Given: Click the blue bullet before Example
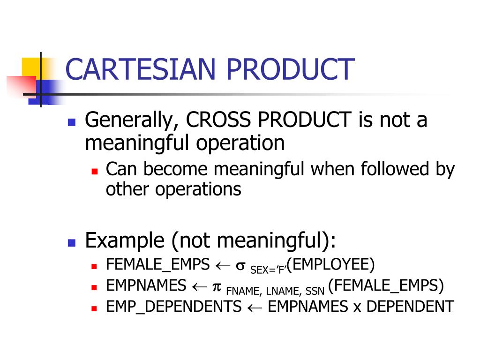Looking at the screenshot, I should tap(72, 243).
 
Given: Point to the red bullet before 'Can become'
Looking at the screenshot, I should tap(94, 172).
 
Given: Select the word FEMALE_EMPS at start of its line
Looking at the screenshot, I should tap(157, 265).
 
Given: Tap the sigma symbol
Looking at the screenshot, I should tap(240, 265).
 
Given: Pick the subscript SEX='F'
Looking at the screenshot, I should tap(269, 270).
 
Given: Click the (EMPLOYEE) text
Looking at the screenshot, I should tap(331, 265).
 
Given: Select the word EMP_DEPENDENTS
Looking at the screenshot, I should tap(173, 307).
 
